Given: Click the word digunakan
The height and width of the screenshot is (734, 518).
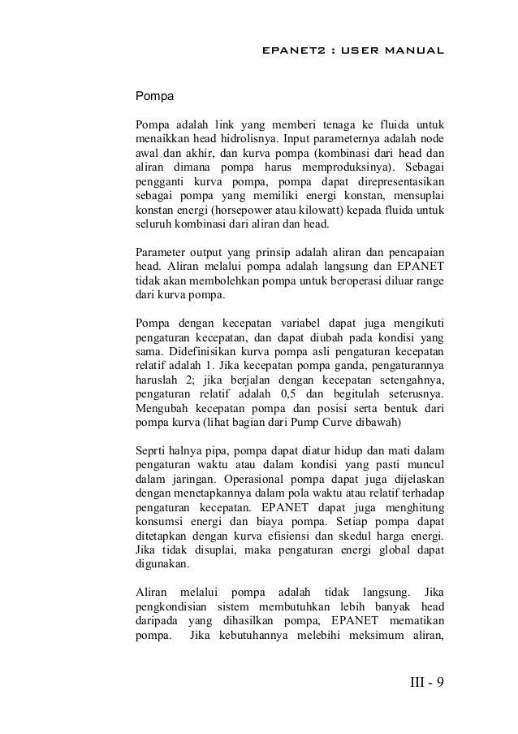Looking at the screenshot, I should [x=162, y=569].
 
